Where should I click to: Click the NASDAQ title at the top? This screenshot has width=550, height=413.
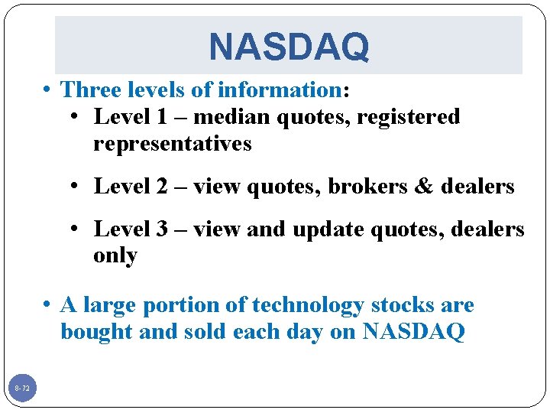pos(289,47)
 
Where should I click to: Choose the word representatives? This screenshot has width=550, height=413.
pos(172,144)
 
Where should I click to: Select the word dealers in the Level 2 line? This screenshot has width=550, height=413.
pos(477,186)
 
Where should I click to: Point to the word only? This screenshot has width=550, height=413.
pos(115,255)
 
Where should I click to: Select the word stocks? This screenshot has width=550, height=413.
pos(403,305)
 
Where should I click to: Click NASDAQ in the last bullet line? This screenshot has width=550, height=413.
pos(413,333)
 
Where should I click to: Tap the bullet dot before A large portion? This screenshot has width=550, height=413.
pos(48,305)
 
